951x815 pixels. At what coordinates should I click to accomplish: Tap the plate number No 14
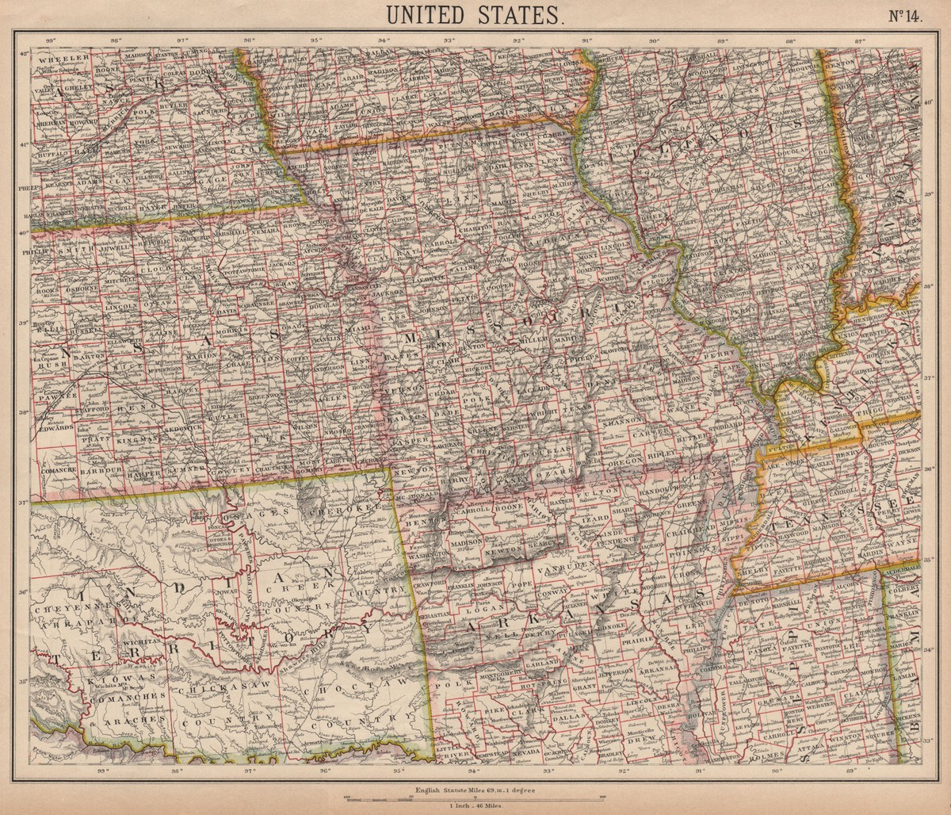point(900,17)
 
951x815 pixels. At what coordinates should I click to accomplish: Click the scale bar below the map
point(475,797)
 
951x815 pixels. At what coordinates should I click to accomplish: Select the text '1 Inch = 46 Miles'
point(475,805)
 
